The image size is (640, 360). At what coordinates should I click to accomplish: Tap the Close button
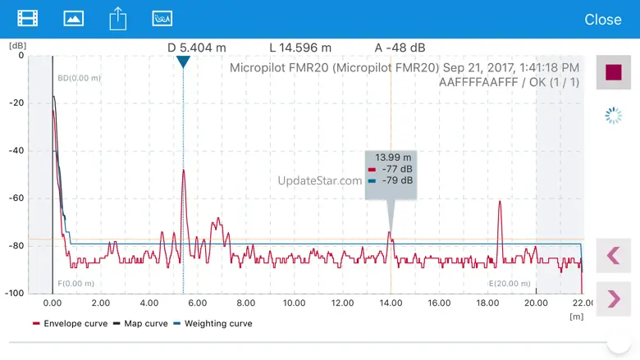pos(602,19)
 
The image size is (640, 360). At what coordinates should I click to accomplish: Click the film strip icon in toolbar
pos(28,18)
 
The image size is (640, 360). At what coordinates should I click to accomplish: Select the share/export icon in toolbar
pos(118,18)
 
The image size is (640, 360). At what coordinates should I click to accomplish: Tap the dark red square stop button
pos(613,72)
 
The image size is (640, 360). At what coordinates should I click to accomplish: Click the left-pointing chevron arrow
pos(613,255)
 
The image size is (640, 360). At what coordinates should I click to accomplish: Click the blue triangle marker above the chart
pos(183,62)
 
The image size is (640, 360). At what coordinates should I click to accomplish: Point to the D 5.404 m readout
pos(197,48)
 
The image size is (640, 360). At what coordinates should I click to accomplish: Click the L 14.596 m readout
pos(300,48)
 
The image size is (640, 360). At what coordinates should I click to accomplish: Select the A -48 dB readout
pos(400,48)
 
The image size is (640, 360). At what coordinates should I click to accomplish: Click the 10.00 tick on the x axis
pos(294,303)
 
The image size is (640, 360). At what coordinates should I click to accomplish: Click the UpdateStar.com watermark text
pos(320,181)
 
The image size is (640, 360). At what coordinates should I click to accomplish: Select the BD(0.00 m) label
pos(79,78)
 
